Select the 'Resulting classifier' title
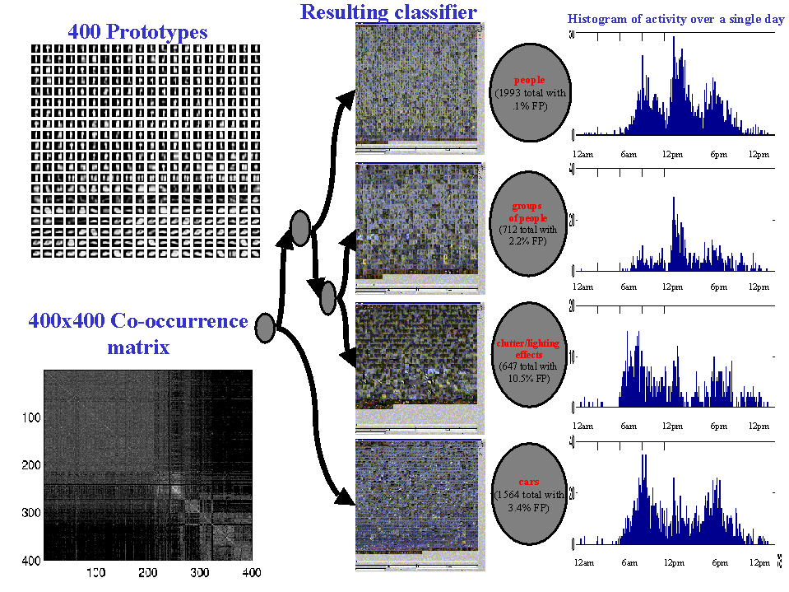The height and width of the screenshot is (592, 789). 388,12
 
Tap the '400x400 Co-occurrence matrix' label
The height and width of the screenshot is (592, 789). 138,333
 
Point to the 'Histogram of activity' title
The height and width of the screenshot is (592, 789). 675,18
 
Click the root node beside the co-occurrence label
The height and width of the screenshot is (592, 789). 264,328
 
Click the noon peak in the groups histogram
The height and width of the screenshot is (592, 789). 675,200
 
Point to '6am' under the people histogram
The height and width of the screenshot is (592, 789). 629,155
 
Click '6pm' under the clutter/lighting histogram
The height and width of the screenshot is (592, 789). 720,426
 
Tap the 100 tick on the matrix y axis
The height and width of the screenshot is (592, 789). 32,417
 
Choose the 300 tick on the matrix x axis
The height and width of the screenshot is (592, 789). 221,572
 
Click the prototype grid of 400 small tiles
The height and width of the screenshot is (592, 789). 137,151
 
